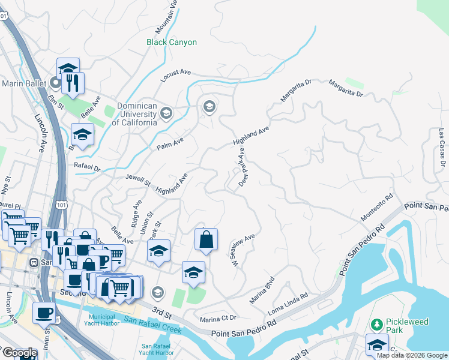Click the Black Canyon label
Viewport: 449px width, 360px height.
click(172, 43)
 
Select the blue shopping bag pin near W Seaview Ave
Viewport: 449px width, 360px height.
click(206, 239)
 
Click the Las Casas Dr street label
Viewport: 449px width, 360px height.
click(441, 147)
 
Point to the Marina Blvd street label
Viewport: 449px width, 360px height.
click(262, 290)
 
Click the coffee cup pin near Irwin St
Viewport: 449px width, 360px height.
click(44, 313)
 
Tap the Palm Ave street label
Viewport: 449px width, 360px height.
click(169, 143)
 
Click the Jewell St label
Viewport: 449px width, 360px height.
click(138, 181)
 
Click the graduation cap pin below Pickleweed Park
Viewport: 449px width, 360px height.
click(377, 346)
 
